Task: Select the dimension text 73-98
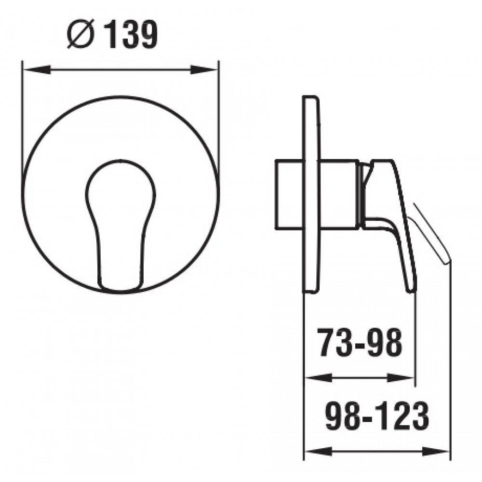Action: coord(360,342)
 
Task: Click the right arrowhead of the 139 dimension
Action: coord(204,70)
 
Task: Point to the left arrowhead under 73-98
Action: coord(318,378)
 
